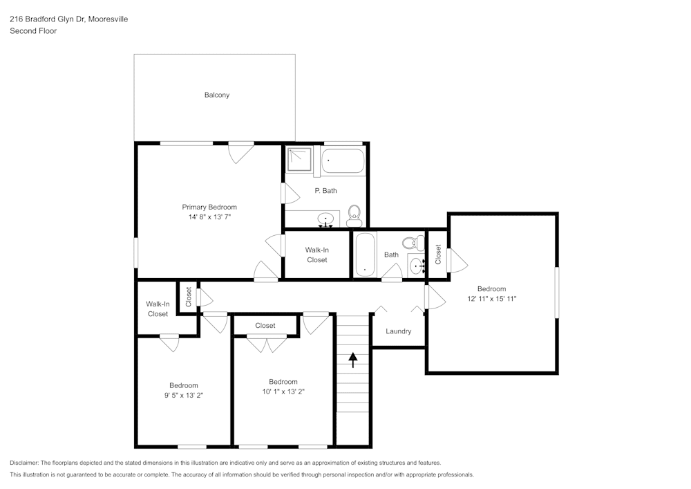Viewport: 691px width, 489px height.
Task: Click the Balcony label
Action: point(216,95)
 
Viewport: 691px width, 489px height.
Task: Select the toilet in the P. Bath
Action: point(354,214)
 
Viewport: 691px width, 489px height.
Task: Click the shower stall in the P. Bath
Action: point(300,160)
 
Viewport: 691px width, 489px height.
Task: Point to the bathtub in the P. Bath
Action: point(343,160)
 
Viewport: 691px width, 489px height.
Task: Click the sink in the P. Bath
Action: point(325,220)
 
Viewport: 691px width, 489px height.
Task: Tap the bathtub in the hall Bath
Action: point(364,255)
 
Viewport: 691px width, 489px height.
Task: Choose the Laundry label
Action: point(399,331)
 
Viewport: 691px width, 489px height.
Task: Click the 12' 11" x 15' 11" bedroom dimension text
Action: point(491,299)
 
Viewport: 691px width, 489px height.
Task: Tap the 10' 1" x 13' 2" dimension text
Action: point(283,391)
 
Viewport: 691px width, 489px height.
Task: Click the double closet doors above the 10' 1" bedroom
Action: point(267,344)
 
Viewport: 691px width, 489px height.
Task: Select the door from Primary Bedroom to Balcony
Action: point(241,151)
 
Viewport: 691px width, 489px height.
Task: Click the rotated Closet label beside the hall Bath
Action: point(438,255)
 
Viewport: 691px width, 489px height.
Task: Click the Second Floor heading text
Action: point(33,31)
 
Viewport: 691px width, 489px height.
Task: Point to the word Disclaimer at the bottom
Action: point(25,463)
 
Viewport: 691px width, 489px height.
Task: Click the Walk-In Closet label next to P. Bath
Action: point(317,255)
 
